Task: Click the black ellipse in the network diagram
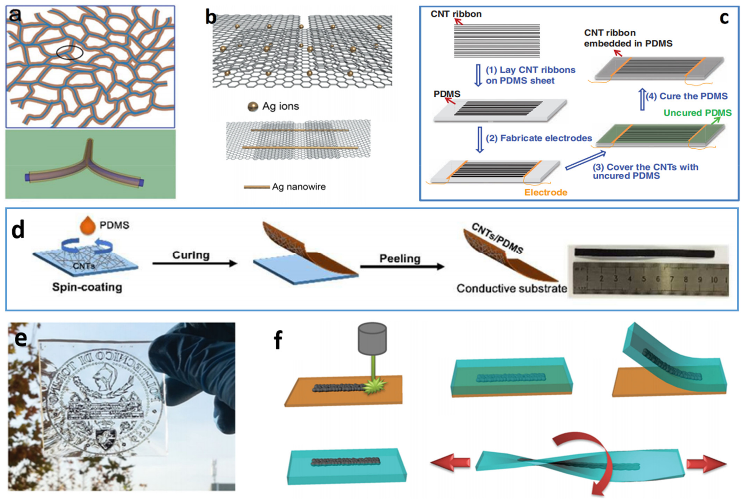click(x=69, y=52)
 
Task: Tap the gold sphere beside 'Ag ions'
click(x=253, y=106)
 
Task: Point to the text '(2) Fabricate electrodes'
click(x=539, y=138)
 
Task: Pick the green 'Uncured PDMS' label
click(x=697, y=113)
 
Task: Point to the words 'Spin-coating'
click(x=87, y=287)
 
